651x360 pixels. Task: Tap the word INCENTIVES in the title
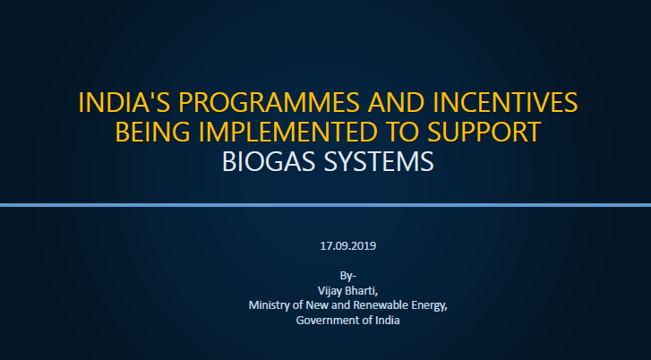click(510, 101)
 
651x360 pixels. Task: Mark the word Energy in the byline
click(428, 305)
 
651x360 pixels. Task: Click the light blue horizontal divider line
click(325, 205)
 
